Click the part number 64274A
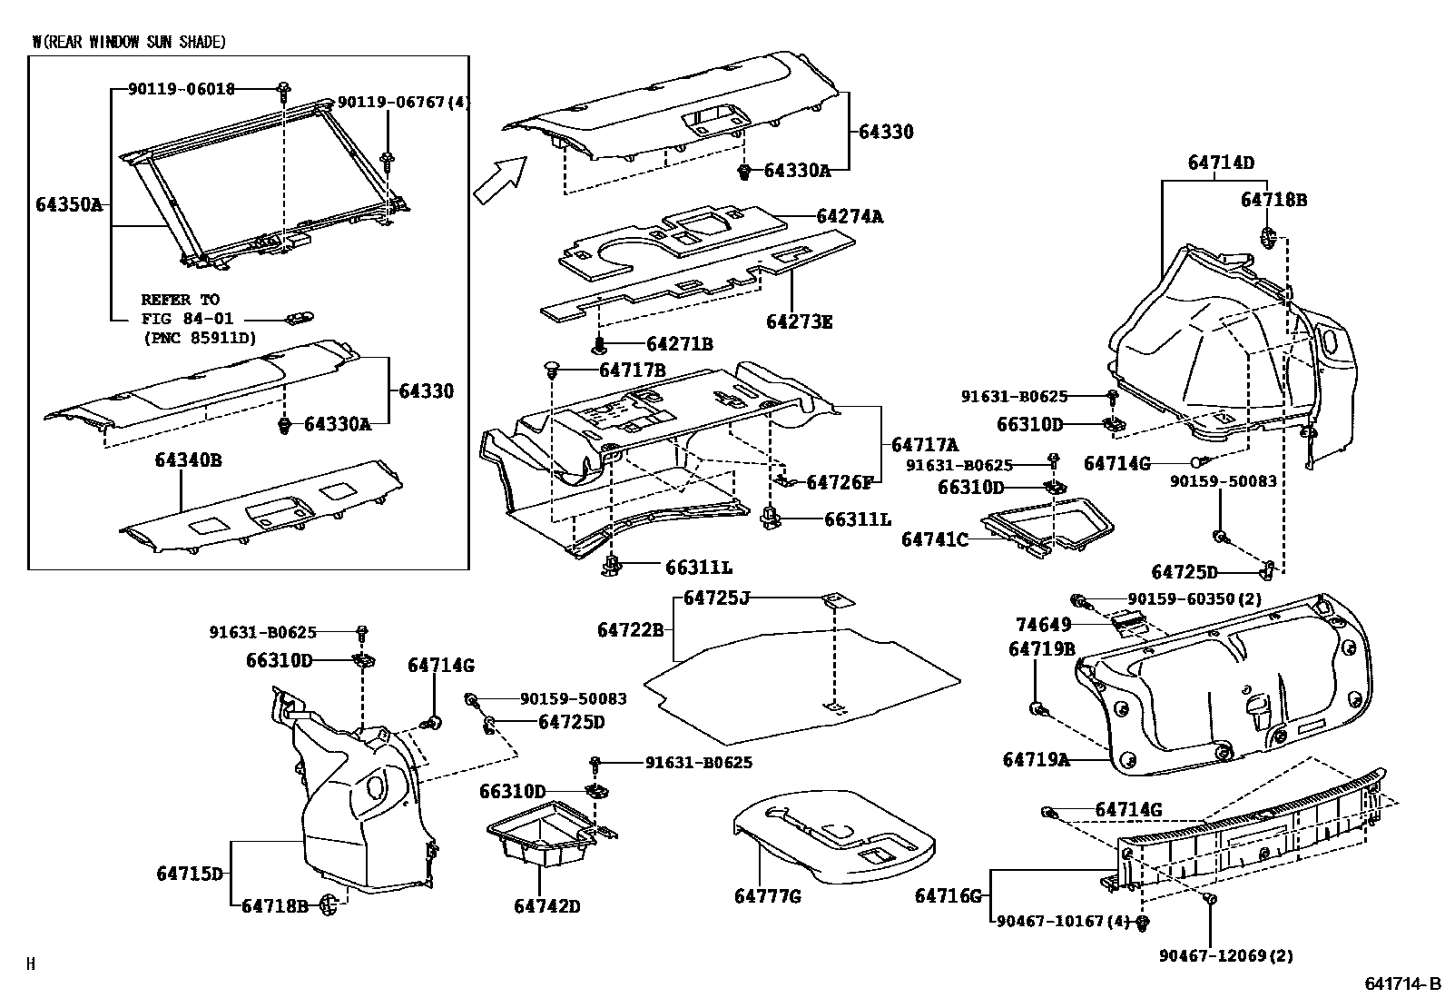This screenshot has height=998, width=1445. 849,217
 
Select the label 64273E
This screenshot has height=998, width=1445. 799,322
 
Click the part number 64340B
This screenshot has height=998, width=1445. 188,460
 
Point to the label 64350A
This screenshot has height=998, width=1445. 69,204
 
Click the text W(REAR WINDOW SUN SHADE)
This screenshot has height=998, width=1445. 129,42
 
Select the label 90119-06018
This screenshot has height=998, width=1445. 182,89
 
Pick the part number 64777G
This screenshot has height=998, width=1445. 768,897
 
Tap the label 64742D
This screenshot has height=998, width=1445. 546,906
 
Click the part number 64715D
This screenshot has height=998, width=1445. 190,874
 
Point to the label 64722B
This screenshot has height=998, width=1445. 631,629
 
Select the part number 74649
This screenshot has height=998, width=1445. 1043,625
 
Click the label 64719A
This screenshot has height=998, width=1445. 1036,759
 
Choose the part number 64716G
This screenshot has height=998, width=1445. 949,897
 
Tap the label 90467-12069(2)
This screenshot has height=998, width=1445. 1226,955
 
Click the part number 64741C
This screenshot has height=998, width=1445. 935,539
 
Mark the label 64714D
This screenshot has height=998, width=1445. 1221,163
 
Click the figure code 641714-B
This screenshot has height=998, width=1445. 1402,983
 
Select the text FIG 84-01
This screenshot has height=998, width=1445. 187,319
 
